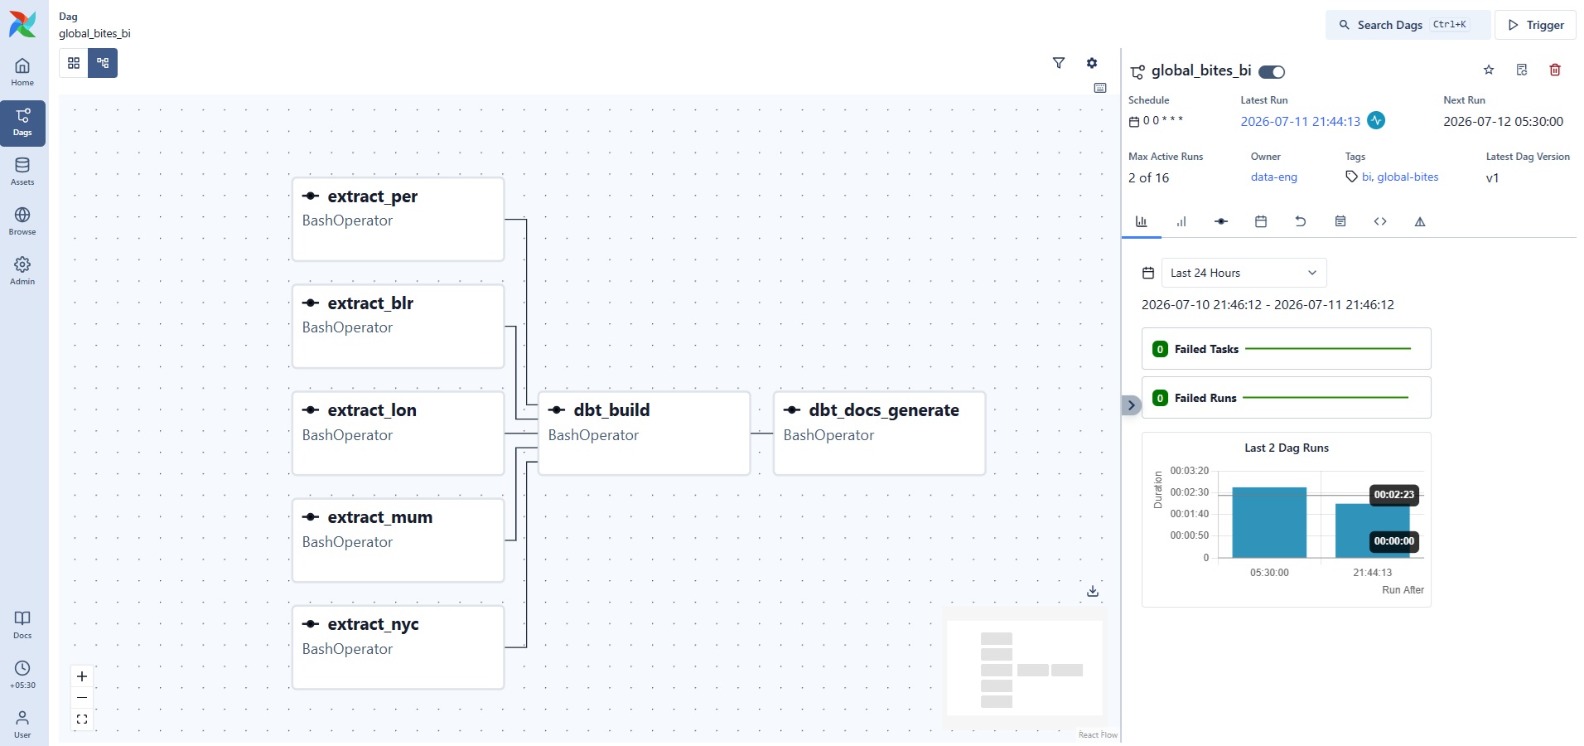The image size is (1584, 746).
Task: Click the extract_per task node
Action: click(x=398, y=220)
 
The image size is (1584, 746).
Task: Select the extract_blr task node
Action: click(x=398, y=327)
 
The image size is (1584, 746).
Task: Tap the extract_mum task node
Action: click(x=398, y=540)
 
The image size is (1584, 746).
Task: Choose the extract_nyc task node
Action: click(x=398, y=647)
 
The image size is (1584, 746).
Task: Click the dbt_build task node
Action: click(x=644, y=434)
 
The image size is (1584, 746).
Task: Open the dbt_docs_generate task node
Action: click(x=879, y=434)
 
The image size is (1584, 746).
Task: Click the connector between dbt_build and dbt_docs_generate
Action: click(x=761, y=434)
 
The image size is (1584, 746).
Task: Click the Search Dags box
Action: click(x=1408, y=25)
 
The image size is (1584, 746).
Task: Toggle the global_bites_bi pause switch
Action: click(x=1272, y=72)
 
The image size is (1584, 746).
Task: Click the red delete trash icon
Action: click(x=1555, y=70)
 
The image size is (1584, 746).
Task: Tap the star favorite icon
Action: click(x=1489, y=70)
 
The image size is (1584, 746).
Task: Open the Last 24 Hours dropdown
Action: click(x=1244, y=273)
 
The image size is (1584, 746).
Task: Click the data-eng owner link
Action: click(x=1274, y=177)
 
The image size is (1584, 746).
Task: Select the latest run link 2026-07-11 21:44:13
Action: click(x=1301, y=122)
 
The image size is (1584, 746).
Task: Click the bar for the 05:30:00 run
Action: click(x=1269, y=522)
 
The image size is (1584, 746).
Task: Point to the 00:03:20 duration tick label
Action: click(x=1190, y=471)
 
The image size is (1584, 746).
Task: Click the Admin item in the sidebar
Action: click(x=22, y=270)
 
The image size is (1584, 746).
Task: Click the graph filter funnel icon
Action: click(x=1059, y=63)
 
